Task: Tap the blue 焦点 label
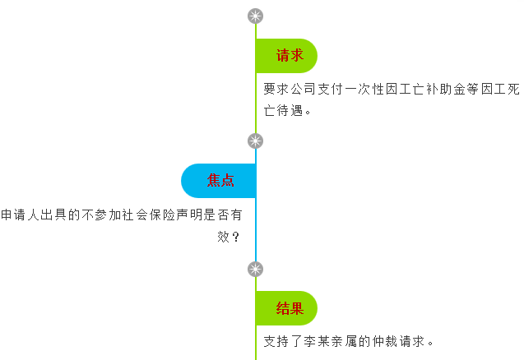coord(220,181)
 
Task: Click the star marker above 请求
coord(256,16)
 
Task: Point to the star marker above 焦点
coord(256,141)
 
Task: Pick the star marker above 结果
coord(256,269)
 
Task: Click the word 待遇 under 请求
coord(291,110)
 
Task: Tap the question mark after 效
coord(236,238)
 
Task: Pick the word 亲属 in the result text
coord(348,341)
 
